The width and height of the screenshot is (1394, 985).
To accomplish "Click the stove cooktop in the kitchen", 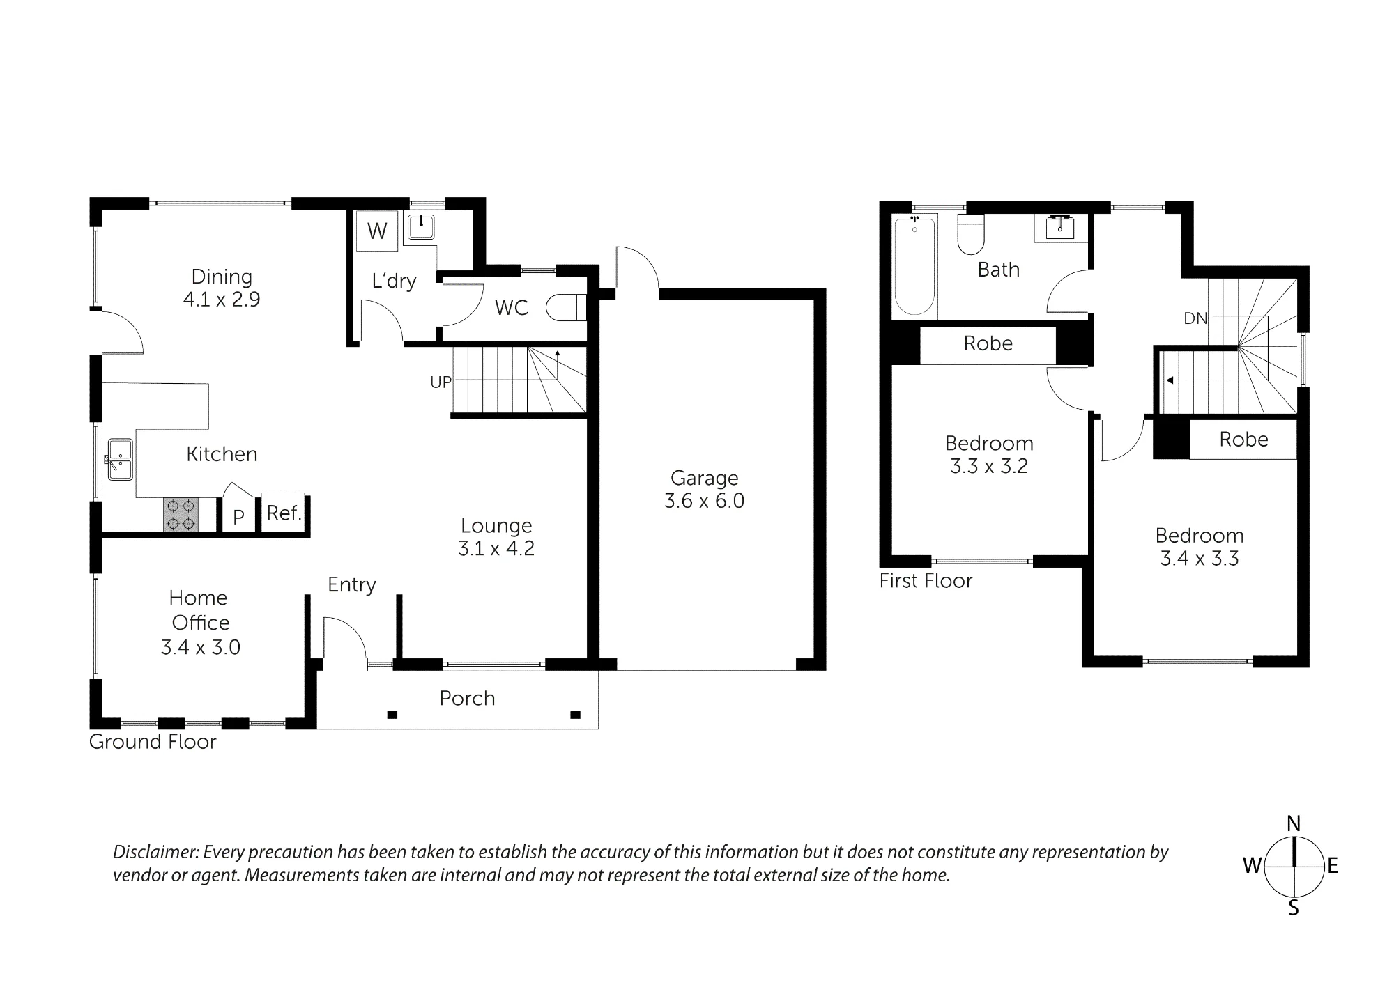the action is (181, 515).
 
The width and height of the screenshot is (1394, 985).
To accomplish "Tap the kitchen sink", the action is (120, 460).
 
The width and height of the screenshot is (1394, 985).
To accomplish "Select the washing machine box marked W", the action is (377, 231).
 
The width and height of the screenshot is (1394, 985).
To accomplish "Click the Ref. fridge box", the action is (284, 513).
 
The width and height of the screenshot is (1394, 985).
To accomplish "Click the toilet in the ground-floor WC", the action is (567, 307).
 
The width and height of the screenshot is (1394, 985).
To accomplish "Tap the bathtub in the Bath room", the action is (914, 265).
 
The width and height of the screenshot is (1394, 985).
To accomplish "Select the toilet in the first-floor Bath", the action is (970, 234).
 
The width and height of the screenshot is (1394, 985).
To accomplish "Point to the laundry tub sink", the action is (421, 227).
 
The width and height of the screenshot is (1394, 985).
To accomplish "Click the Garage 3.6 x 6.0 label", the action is (704, 489).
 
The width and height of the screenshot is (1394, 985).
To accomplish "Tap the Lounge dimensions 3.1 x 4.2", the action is (496, 548).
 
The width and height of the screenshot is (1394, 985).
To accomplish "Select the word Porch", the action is (467, 698).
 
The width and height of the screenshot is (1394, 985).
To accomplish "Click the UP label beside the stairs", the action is (441, 382).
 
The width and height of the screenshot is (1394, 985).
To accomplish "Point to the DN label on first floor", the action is (1195, 318).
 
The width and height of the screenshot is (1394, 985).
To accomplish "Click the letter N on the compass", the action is (1294, 824).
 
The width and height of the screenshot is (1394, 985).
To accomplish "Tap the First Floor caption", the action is (926, 580).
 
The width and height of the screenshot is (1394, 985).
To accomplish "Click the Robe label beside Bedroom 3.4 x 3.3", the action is (1243, 440).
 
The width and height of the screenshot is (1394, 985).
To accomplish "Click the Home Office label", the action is (199, 610).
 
